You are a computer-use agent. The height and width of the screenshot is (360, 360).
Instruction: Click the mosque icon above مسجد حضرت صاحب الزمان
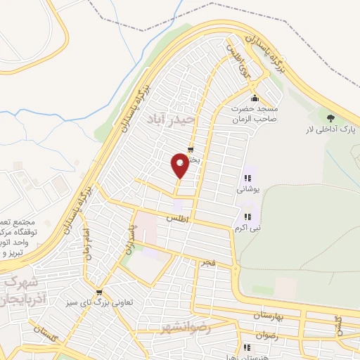254,98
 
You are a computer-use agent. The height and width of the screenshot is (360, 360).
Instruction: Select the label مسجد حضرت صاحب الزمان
256,115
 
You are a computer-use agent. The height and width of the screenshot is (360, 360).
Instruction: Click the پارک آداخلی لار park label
327,130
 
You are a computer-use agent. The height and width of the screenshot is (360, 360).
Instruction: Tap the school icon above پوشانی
247,178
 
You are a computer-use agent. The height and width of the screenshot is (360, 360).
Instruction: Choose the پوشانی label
247,188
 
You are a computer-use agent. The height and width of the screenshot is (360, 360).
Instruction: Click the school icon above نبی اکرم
247,217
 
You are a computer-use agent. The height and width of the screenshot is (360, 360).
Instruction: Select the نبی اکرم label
247,227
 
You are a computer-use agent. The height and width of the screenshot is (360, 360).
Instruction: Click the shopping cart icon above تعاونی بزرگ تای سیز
99,292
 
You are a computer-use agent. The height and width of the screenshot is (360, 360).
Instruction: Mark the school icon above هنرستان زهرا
247,347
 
